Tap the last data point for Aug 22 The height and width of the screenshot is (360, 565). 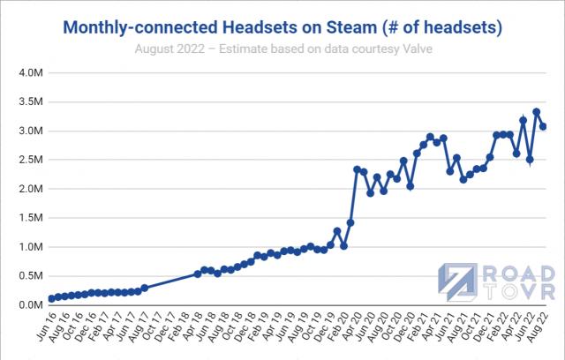coord(543,126)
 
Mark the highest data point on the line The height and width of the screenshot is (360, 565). coord(537,112)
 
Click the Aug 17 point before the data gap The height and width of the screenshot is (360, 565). coord(145,288)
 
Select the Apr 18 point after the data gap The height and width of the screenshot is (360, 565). coord(198,274)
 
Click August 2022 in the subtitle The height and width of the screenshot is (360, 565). coord(167,47)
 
